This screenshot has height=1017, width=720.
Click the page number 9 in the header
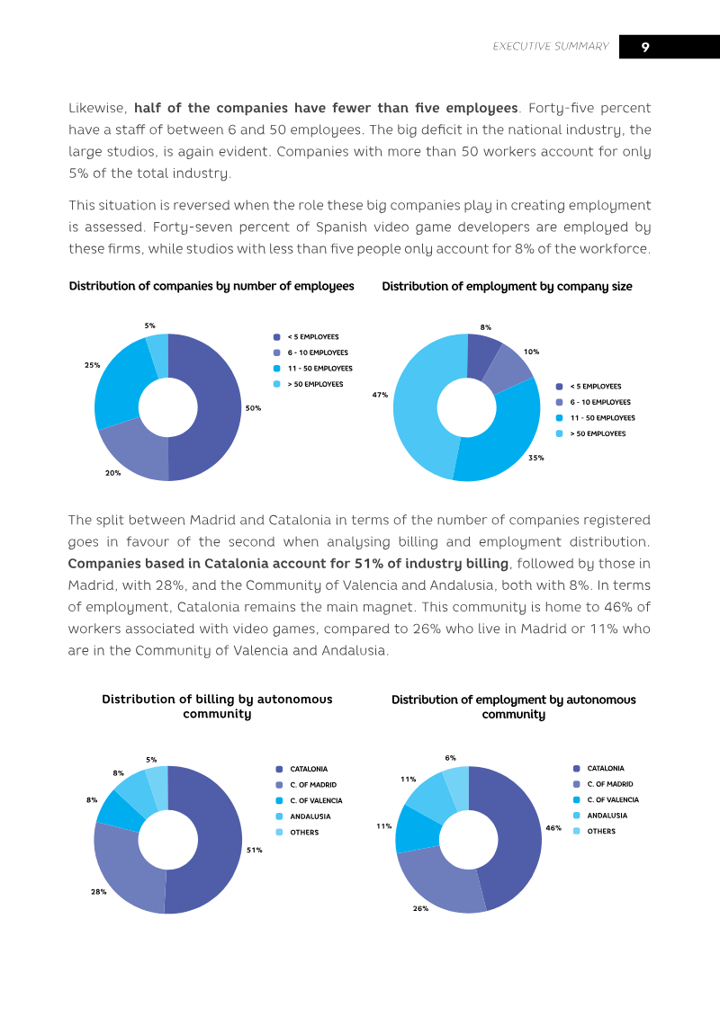(645, 47)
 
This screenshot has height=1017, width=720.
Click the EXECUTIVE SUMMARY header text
(551, 46)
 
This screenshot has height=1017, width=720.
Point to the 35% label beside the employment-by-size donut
(536, 458)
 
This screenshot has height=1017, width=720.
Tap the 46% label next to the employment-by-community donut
(553, 828)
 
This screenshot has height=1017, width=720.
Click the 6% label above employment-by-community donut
(451, 757)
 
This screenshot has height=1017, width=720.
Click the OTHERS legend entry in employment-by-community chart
(594, 831)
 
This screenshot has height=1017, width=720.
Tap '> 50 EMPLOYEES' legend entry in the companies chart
(309, 384)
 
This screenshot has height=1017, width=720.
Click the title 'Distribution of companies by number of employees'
(211, 286)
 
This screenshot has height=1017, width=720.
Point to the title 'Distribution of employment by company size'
(507, 287)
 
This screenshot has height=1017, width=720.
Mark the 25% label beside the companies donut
(92, 365)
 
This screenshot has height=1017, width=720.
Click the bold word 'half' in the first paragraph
(148, 108)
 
